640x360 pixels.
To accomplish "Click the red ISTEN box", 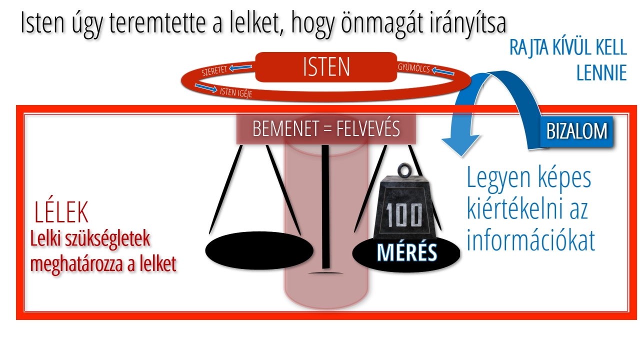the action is (326, 67).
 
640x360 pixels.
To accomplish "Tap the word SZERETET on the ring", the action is (214, 70).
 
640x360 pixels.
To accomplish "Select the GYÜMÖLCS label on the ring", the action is (413, 67).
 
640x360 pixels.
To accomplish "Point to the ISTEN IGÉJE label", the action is (236, 92).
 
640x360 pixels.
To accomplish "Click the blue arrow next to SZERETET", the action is (240, 67).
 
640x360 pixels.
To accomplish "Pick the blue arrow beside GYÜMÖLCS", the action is (443, 71).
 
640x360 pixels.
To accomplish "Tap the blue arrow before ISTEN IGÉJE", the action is (206, 88).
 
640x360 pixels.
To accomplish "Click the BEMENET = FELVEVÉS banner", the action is (326, 129).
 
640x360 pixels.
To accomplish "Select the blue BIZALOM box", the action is (576, 131).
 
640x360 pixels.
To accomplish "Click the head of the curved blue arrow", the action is (460, 145).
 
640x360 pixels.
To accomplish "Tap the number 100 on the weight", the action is (403, 215).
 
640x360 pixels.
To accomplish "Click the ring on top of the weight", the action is (405, 170).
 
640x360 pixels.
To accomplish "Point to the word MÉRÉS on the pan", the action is (407, 252).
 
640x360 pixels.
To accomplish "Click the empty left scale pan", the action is (259, 250).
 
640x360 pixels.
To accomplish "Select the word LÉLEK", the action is (61, 212).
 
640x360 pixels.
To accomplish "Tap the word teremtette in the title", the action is (157, 23).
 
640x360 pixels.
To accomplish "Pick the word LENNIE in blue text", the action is (601, 73).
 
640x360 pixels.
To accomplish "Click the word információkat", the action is (530, 240).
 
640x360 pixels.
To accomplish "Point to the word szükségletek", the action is (107, 239).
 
